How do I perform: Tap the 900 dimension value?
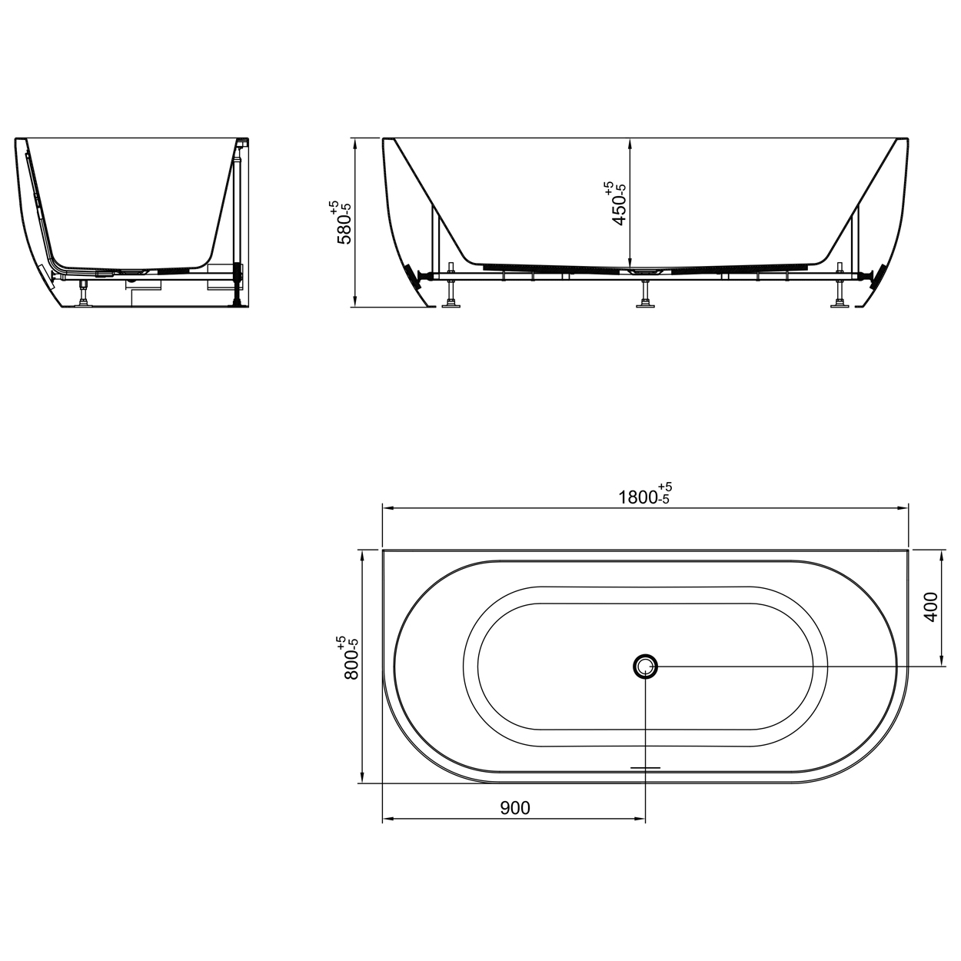click(x=515, y=808)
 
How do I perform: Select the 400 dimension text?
click(x=930, y=607)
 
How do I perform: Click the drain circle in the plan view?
click(x=646, y=666)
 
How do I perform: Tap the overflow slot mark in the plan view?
click(x=645, y=767)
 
